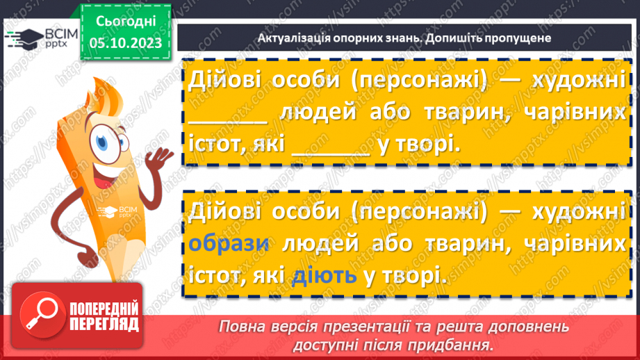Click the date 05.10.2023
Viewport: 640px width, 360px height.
click(126, 43)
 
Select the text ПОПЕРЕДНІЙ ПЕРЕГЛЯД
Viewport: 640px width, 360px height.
click(103, 317)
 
